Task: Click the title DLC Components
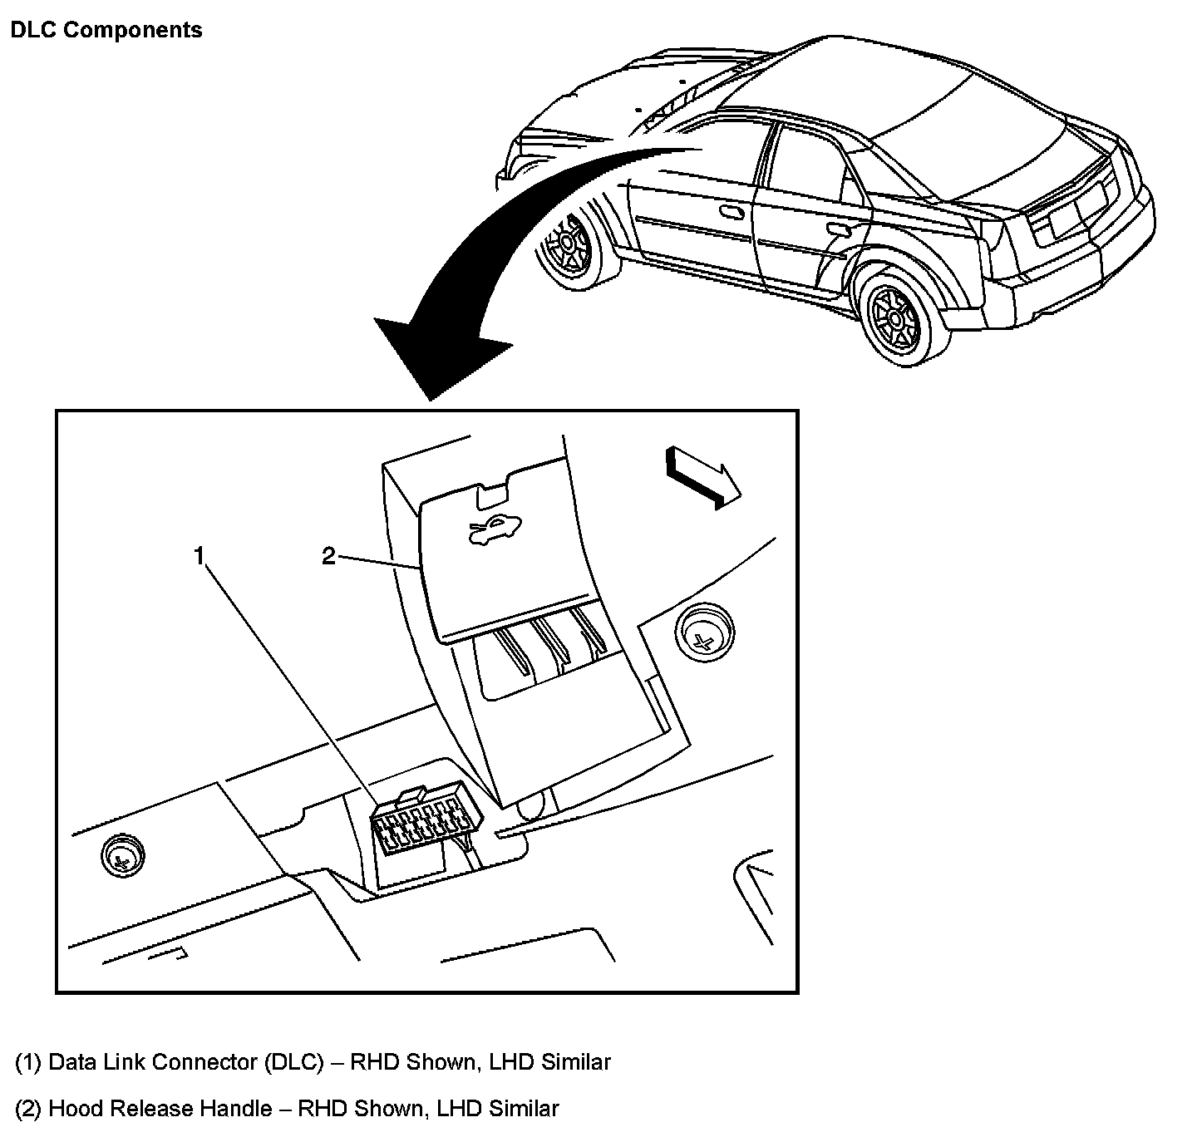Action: (106, 31)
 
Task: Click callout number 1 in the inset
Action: (199, 556)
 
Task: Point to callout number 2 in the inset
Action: (328, 556)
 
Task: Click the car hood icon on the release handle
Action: (497, 529)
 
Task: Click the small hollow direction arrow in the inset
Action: (702, 477)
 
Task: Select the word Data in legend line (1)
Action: (73, 1062)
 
